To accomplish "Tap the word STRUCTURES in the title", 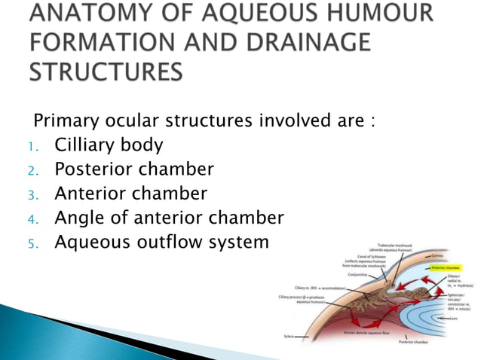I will point(106,71).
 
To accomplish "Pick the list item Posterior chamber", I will point(134,169).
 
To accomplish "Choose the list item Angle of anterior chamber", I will point(169,218).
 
